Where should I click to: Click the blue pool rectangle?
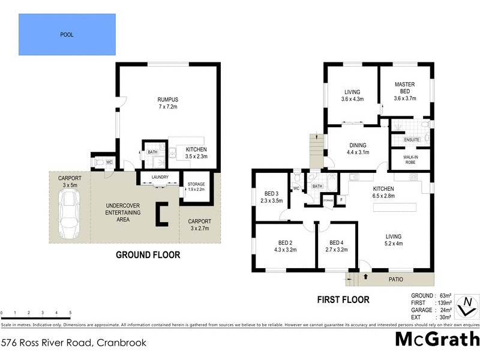pyautogui.click(x=67, y=35)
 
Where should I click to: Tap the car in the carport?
pyautogui.click(x=68, y=211)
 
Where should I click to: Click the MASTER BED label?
pyautogui.click(x=405, y=88)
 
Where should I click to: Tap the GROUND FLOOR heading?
pyautogui.click(x=148, y=255)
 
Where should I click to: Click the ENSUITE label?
pyautogui.click(x=412, y=139)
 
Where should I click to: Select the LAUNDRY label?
pyautogui.click(x=160, y=177)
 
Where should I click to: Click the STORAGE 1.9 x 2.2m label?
pyautogui.click(x=196, y=186)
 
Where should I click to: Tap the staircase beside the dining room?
pyautogui.click(x=316, y=152)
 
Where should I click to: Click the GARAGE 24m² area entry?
pyautogui.click(x=425, y=310)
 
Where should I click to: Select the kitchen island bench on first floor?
pyautogui.click(x=394, y=208)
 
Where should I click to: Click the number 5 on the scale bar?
pyautogui.click(x=70, y=313)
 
